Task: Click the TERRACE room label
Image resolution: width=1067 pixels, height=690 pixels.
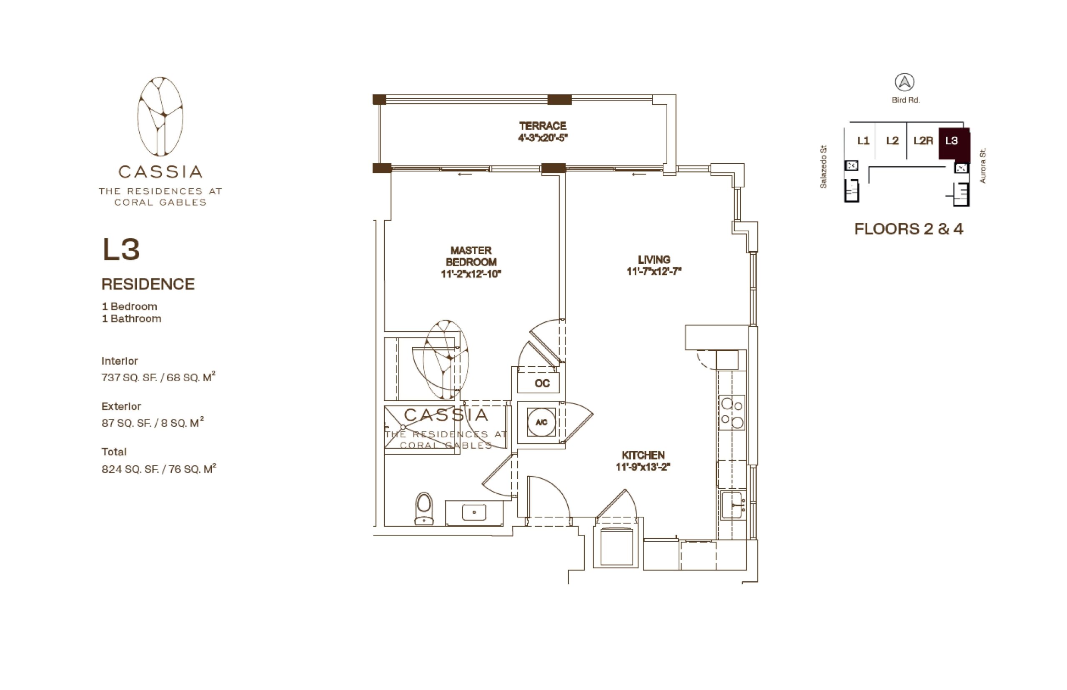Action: (542, 126)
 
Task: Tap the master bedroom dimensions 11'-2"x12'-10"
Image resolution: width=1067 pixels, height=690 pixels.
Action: (471, 274)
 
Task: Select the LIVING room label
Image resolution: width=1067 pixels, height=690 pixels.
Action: (654, 260)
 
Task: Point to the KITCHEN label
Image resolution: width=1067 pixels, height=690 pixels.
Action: (643, 455)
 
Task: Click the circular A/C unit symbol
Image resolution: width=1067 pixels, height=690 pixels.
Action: (541, 422)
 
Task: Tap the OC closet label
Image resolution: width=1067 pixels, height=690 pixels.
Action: (542, 383)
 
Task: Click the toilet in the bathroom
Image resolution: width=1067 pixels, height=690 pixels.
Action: (423, 508)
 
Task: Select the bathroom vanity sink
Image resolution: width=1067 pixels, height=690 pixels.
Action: (473, 512)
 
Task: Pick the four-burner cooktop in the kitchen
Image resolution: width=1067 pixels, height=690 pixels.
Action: (732, 412)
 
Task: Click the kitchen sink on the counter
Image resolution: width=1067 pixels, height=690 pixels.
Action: (731, 505)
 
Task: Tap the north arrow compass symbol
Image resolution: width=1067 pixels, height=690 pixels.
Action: (904, 82)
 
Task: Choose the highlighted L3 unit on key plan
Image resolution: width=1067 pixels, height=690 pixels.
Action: (954, 145)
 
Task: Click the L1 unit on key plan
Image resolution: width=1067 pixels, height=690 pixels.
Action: (863, 141)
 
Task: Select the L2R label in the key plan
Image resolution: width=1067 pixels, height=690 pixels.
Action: (923, 141)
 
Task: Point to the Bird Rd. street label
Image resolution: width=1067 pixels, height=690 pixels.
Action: (905, 100)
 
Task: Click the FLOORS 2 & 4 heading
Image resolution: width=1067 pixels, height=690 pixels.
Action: (908, 229)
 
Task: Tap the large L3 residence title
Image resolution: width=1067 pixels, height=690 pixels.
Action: (121, 249)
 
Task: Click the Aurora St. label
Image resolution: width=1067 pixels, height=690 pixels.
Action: (982, 165)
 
